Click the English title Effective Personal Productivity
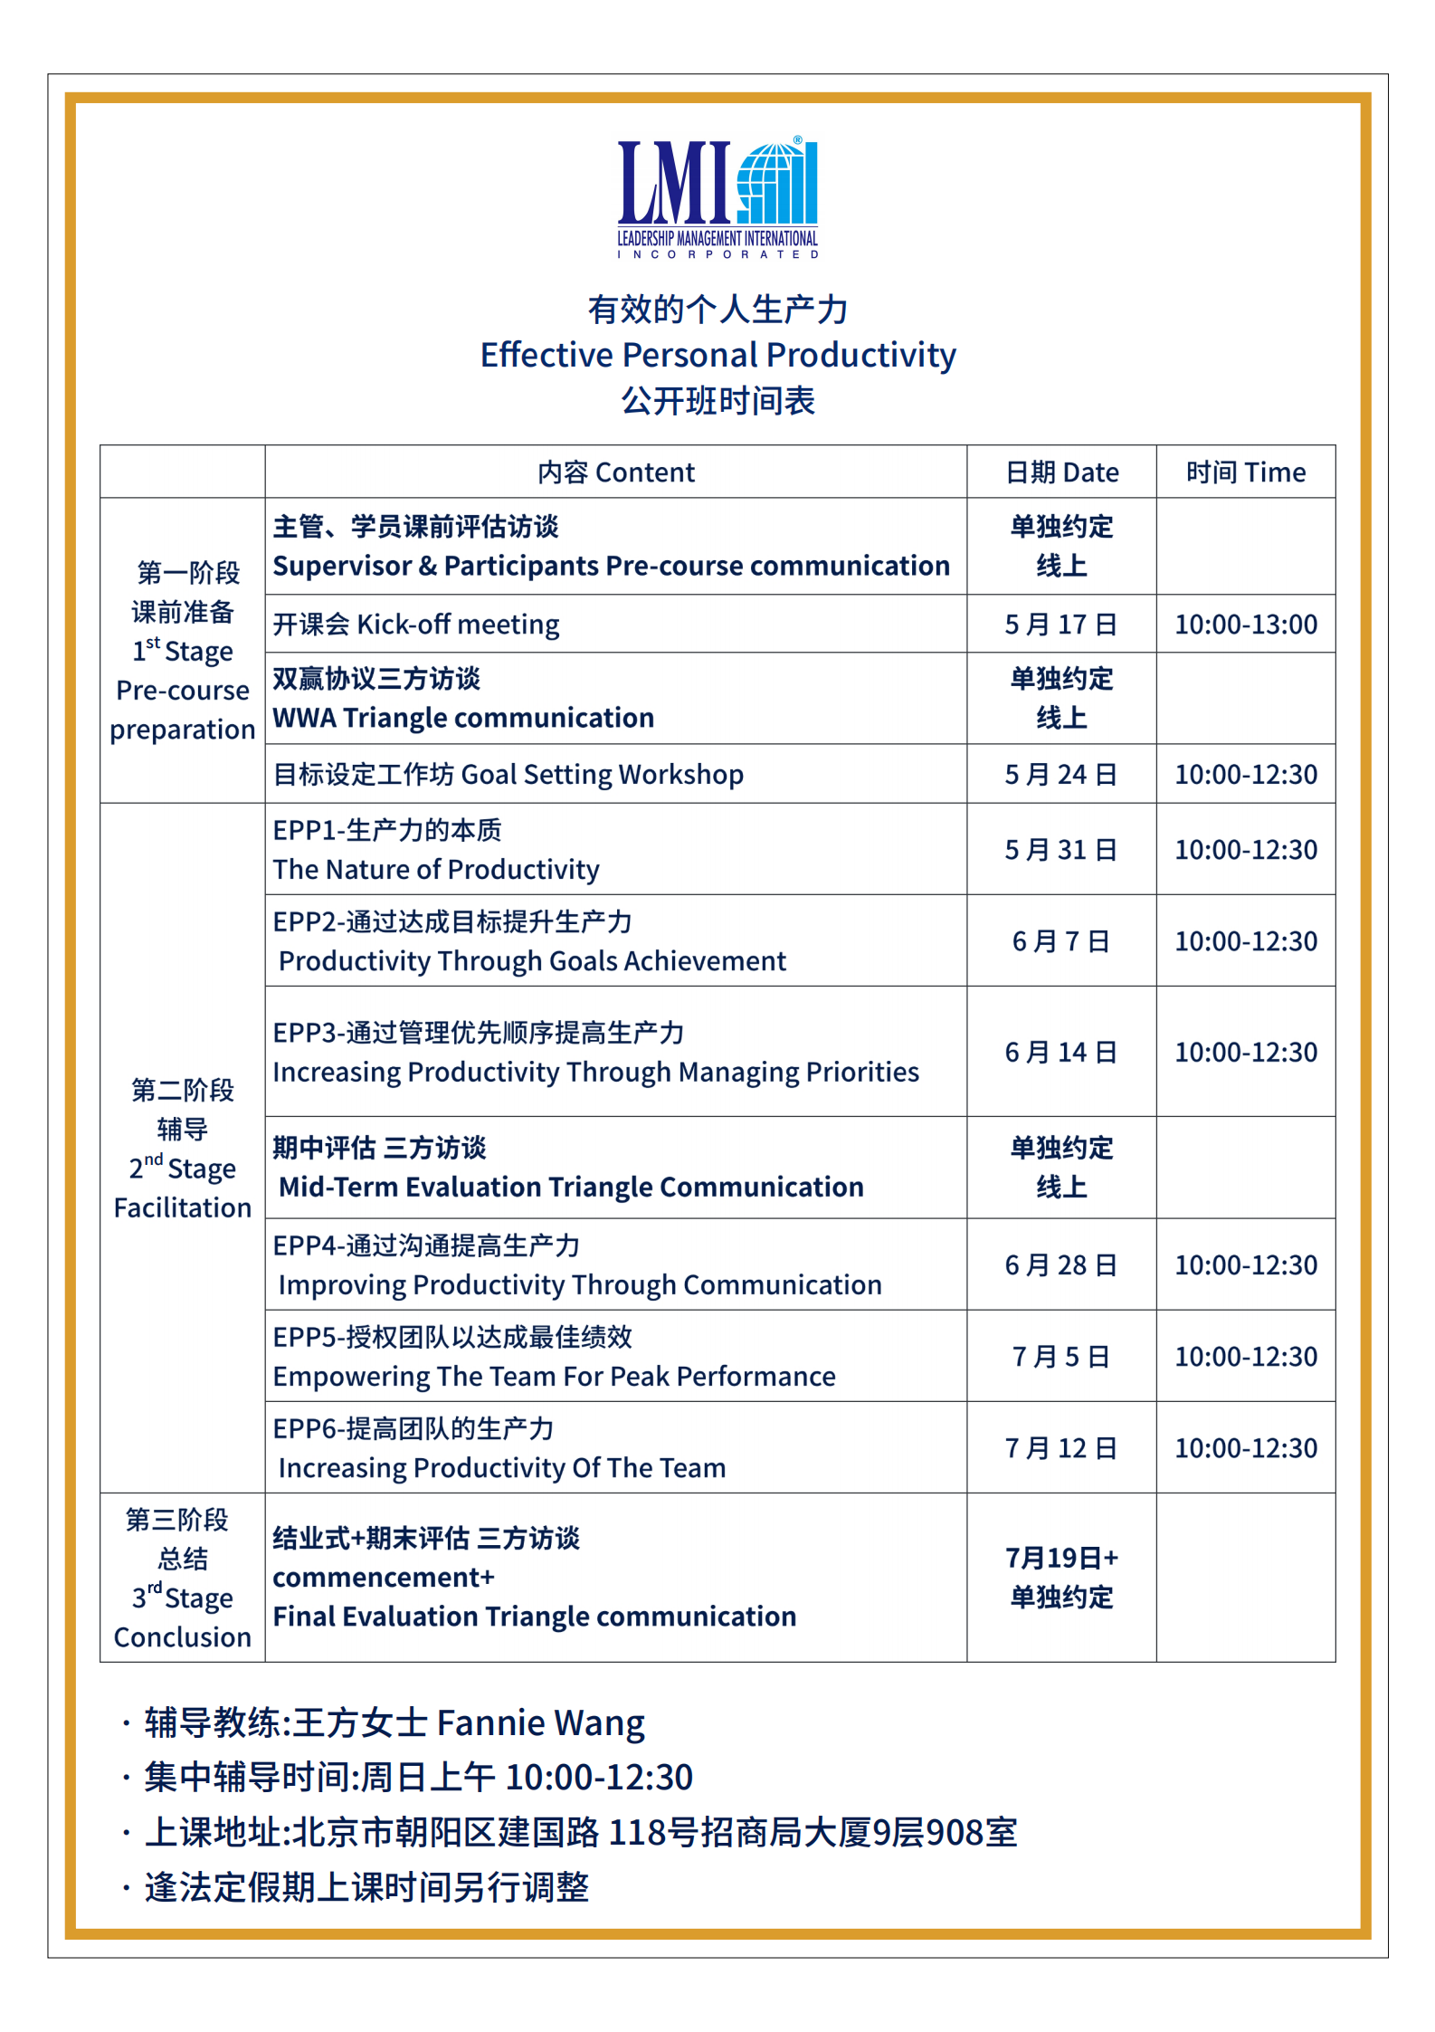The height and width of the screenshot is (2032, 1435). [717, 355]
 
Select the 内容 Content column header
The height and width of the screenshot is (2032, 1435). [615, 472]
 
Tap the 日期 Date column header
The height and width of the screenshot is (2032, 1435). [1061, 472]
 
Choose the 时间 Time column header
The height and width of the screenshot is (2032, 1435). [1245, 472]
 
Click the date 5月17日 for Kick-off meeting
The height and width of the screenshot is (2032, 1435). [1060, 625]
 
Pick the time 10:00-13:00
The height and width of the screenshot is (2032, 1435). [1245, 625]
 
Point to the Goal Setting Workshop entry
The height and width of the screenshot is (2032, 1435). [508, 775]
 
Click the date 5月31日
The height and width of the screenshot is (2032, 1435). [1060, 850]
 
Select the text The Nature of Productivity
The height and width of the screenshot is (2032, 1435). [436, 870]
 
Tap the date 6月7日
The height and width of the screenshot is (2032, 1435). [1060, 941]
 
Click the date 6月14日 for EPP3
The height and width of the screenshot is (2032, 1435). [1060, 1053]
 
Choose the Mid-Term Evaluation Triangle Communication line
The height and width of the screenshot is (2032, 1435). [571, 1188]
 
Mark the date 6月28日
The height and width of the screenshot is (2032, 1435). [1060, 1265]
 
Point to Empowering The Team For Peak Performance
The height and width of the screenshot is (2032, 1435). [554, 1377]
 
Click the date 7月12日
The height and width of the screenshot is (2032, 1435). [1060, 1448]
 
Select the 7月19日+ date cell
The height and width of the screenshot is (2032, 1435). [1060, 1558]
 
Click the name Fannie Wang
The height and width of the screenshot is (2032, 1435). [540, 1723]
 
